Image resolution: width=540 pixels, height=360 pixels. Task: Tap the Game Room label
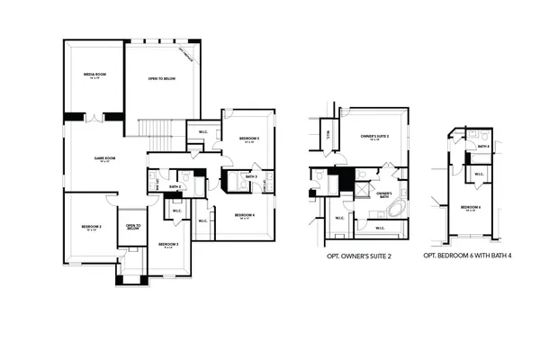click(105, 160)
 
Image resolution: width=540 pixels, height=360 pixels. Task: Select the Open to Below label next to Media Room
click(160, 79)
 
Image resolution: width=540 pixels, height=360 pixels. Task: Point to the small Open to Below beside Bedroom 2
click(132, 227)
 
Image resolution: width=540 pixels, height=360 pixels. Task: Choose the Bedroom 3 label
click(168, 245)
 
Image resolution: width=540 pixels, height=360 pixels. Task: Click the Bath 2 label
click(174, 187)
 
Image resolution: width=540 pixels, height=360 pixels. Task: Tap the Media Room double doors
click(93, 117)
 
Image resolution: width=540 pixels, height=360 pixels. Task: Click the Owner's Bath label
click(384, 194)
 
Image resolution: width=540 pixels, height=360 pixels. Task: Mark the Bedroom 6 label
click(470, 208)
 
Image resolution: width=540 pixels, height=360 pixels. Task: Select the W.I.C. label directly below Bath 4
click(479, 175)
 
